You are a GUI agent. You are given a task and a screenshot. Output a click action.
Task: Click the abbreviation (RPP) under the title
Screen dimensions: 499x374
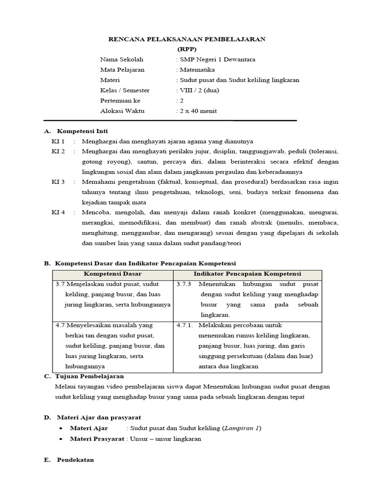pos(187,49)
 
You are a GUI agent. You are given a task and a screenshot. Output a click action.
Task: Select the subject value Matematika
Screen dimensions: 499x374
pos(197,70)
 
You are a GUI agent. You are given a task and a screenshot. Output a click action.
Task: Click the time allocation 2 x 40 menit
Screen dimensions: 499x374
pos(197,111)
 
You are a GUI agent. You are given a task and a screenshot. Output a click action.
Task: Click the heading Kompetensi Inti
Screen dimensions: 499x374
pos(82,131)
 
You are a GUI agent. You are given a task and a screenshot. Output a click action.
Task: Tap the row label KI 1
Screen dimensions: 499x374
pos(58,141)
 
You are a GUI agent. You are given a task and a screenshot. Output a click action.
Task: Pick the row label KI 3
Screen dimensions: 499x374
pos(58,182)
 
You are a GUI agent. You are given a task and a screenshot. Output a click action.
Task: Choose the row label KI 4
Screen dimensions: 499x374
pos(58,212)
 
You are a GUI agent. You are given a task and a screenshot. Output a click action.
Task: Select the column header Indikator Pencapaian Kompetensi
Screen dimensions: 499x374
pos(247,274)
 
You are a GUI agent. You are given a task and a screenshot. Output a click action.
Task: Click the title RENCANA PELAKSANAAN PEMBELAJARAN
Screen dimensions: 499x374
pos(187,39)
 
